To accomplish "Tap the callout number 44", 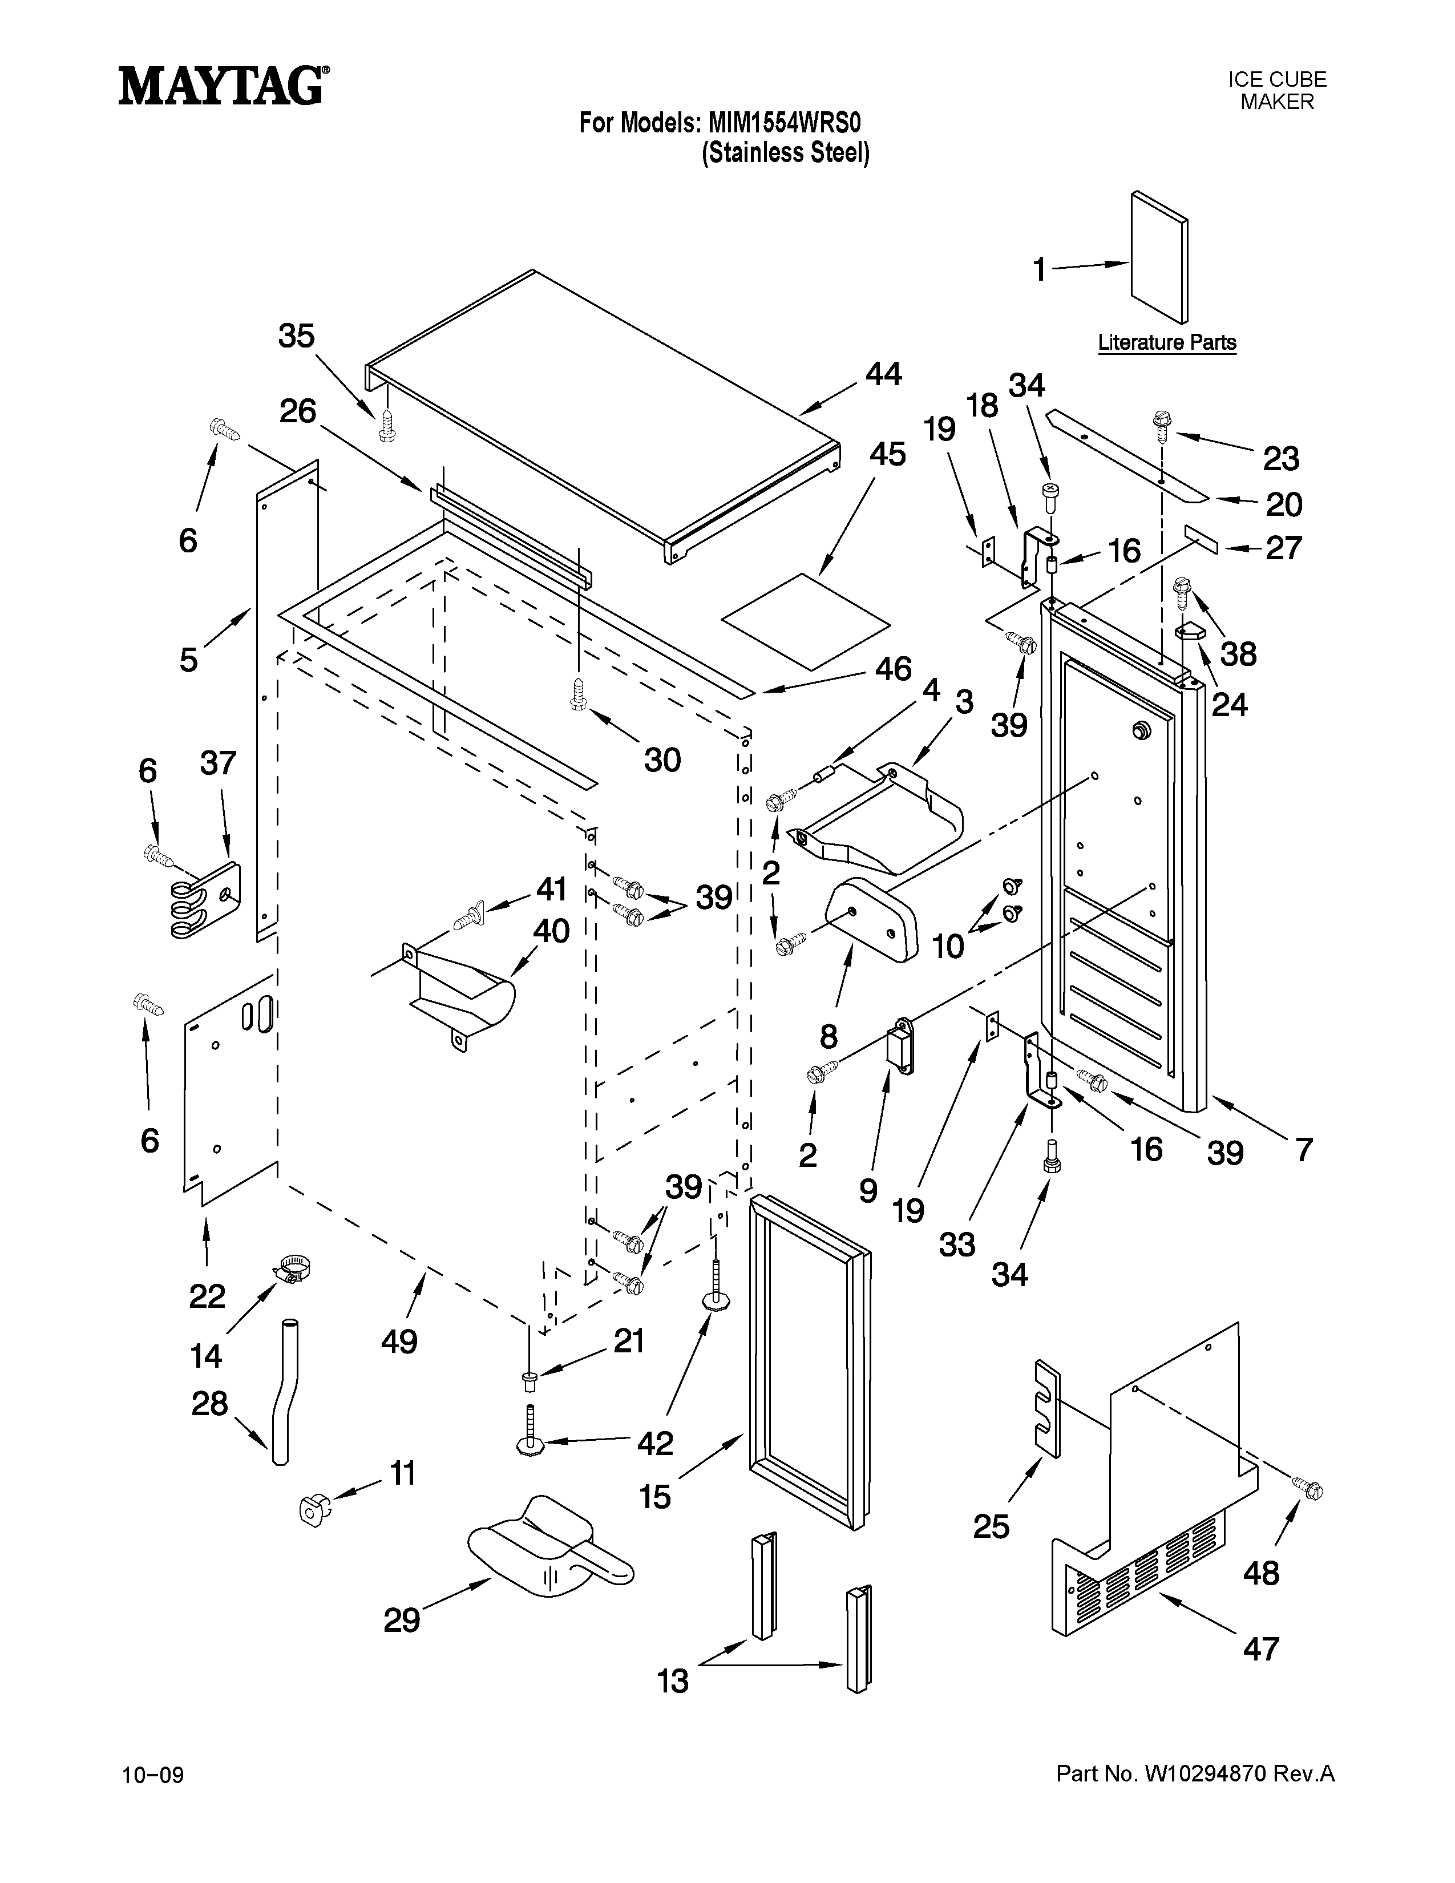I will [883, 374].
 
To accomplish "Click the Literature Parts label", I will [1166, 342].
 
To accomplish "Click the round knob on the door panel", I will [1143, 730].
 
